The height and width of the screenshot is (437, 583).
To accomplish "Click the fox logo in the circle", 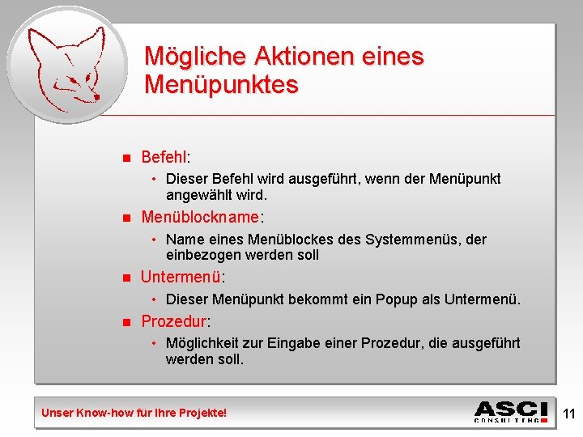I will pyautogui.click(x=65, y=65).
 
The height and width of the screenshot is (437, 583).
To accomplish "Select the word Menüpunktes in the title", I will pyautogui.click(x=221, y=84).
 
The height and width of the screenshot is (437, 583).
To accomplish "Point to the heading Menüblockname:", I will pyautogui.click(x=202, y=217).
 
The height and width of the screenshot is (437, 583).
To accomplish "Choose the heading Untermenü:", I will pyautogui.click(x=182, y=277).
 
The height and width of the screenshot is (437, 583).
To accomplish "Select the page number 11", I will pyautogui.click(x=568, y=414).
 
